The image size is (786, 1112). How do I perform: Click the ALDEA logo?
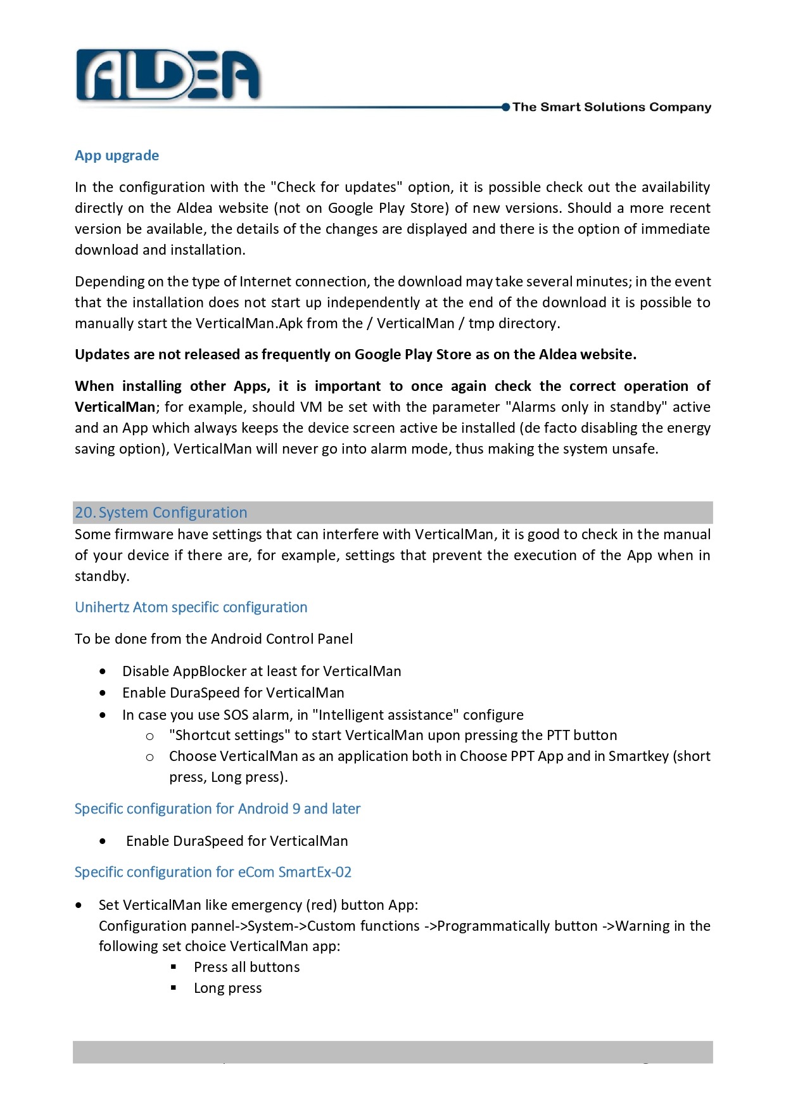click(168, 76)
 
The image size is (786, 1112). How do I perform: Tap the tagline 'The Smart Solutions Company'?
click(611, 107)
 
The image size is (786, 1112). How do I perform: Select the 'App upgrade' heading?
click(117, 156)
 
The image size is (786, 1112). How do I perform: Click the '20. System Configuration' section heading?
click(161, 513)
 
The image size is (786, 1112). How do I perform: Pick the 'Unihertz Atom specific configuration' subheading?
click(191, 608)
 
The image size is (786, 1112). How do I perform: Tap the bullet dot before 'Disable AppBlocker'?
click(103, 672)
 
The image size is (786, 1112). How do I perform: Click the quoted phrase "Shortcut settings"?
click(229, 736)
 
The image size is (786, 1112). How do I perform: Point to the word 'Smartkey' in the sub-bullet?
click(638, 757)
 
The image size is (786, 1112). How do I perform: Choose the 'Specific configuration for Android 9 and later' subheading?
click(217, 809)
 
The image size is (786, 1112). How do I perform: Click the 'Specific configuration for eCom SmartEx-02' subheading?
click(213, 872)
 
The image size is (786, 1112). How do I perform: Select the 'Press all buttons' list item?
click(247, 968)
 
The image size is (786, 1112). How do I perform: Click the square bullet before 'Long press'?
click(174, 988)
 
